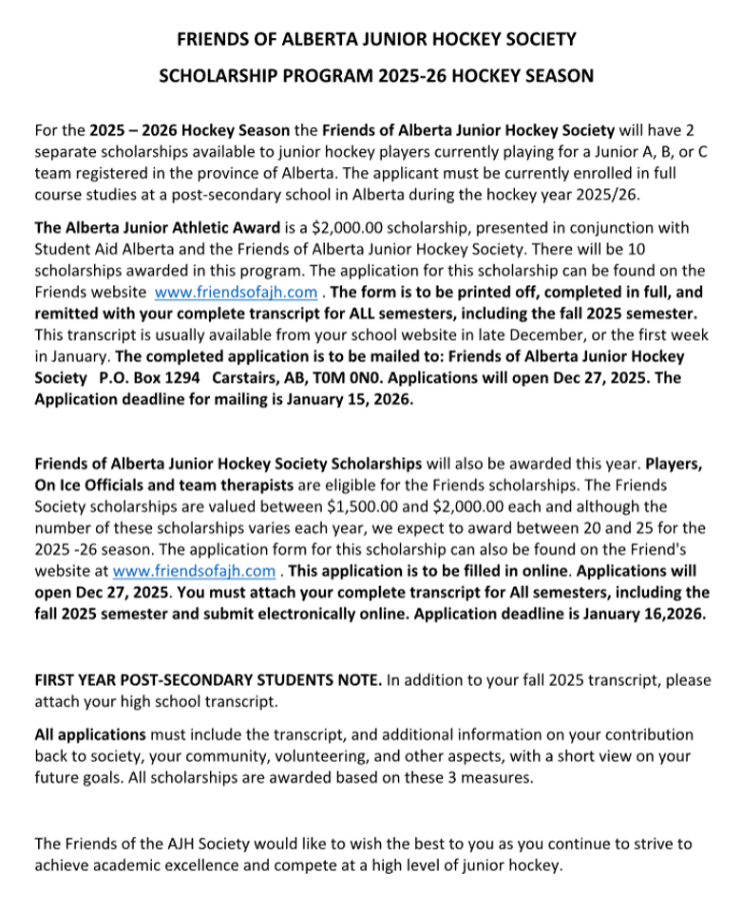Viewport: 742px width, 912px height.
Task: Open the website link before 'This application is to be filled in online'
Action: [195, 571]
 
